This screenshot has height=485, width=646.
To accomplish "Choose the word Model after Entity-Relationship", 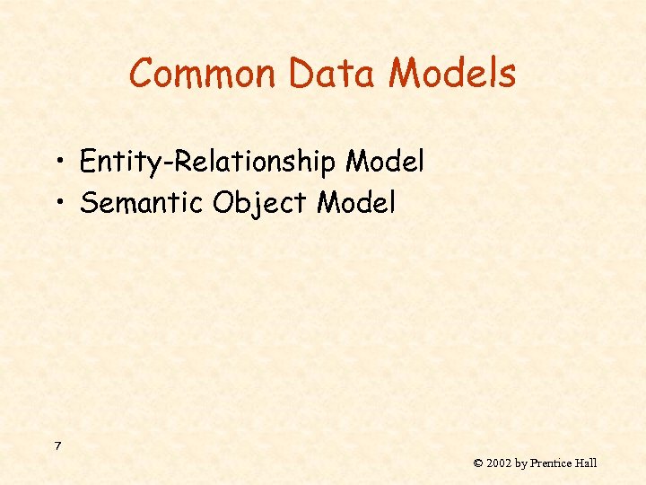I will point(385,162).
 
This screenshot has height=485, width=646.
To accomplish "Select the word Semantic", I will point(142,203).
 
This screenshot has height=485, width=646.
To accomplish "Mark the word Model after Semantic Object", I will point(356,203).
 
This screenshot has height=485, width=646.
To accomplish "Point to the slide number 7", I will point(57,446).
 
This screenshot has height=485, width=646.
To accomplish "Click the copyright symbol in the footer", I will point(478,463).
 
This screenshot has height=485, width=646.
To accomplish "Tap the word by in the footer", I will point(521,463).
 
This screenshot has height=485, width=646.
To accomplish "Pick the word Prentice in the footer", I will point(553,463).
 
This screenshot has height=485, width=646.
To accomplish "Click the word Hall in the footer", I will point(587,463).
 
